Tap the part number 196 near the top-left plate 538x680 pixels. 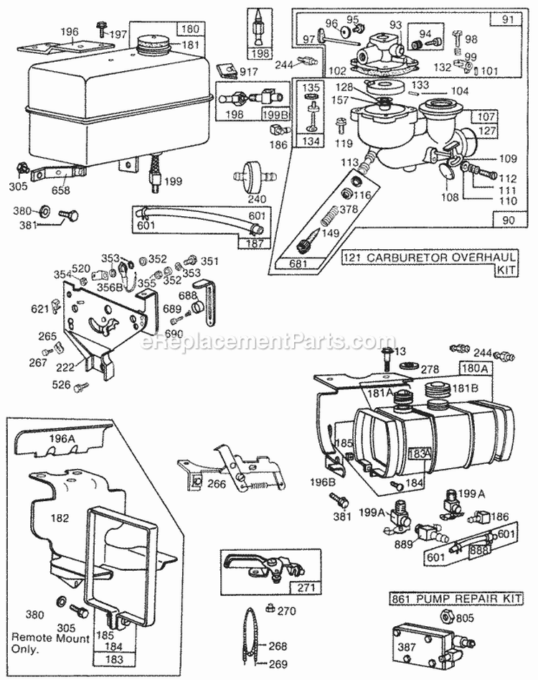pyautogui.click(x=69, y=32)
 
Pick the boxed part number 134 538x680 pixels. pyautogui.click(x=311, y=141)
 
